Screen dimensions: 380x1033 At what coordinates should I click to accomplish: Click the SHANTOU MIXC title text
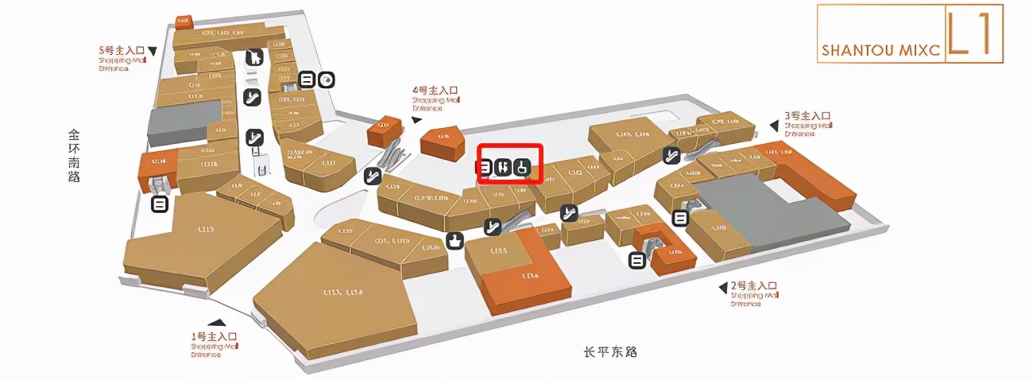881,50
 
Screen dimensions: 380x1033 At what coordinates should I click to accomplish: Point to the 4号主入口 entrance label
435,91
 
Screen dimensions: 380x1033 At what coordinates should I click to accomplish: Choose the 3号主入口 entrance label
807,115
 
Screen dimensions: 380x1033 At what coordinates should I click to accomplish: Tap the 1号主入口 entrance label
214,336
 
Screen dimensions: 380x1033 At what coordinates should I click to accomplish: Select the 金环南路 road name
74,156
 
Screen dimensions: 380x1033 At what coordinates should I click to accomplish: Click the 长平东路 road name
611,351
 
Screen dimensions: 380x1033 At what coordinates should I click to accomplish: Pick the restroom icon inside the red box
502,167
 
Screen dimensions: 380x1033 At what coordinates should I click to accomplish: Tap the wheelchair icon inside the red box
521,167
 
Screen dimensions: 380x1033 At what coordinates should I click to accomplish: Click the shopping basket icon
455,239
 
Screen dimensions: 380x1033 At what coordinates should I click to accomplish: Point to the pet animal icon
254,57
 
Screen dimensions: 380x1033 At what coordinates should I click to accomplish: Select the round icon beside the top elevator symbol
327,79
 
